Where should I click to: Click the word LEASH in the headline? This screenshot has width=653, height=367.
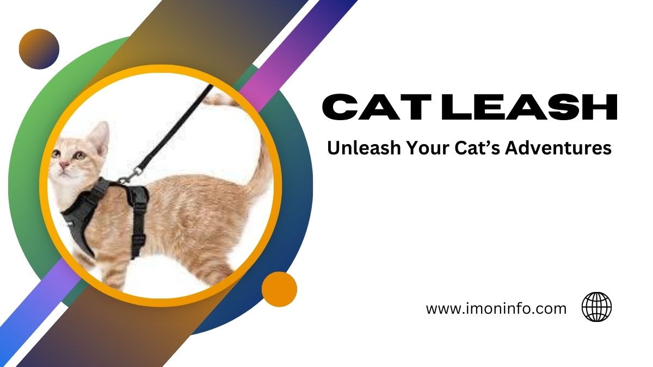[522, 107]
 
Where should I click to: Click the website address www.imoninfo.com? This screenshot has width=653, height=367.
[496, 309]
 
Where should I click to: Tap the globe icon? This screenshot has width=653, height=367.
[596, 307]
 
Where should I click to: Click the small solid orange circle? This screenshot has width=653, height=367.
[279, 289]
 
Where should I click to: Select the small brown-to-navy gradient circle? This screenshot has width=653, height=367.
[39, 49]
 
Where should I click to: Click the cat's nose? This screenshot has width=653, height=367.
[62, 164]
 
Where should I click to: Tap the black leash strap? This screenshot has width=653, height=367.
[174, 125]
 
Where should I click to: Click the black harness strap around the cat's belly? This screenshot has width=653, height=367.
[139, 217]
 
